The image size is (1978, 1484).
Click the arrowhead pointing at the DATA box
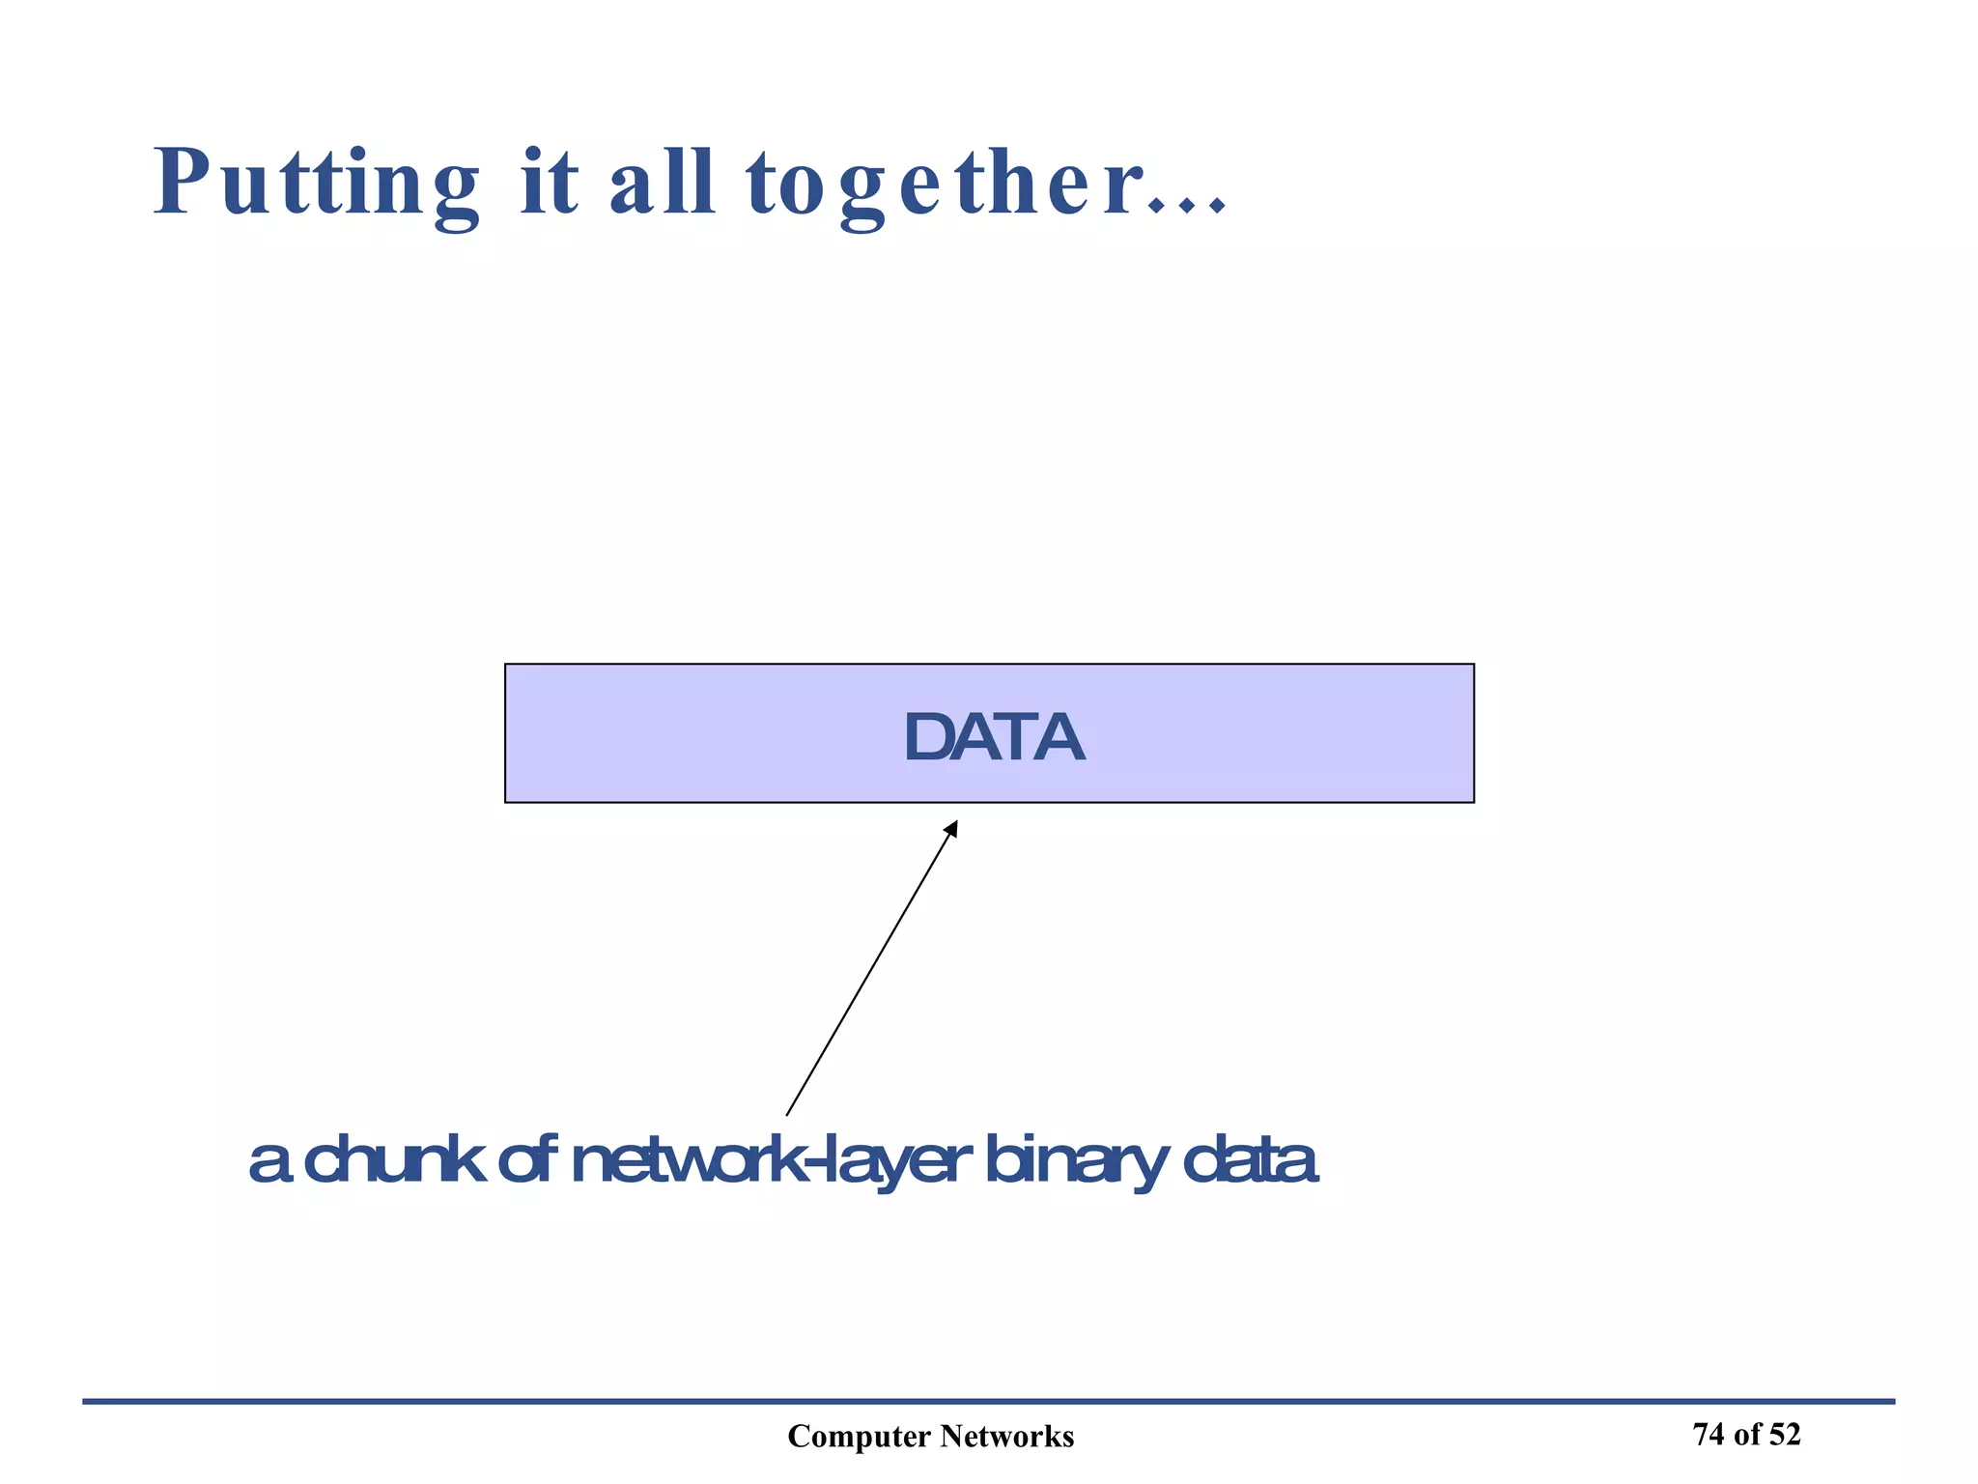(x=952, y=828)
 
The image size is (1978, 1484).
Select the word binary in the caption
(x=1076, y=1162)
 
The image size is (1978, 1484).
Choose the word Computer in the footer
(x=859, y=1437)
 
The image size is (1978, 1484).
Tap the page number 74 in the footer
(x=1709, y=1435)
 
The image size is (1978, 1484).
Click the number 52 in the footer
(x=1785, y=1435)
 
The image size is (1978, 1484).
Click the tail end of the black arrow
(x=788, y=1113)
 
